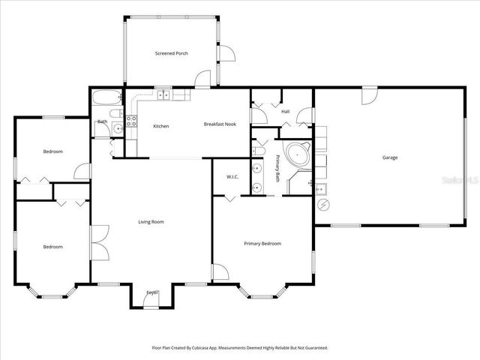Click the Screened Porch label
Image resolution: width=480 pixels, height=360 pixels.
[x=171, y=53]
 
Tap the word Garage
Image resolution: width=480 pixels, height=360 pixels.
[x=390, y=157]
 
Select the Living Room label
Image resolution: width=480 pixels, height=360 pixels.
[x=151, y=221]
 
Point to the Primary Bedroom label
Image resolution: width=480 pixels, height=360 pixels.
[x=262, y=244]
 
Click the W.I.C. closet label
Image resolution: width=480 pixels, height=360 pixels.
[x=232, y=177]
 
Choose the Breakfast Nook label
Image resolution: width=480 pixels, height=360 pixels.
[x=220, y=124]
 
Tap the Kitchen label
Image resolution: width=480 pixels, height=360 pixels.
[x=160, y=126]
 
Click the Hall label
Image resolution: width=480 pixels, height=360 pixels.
[x=285, y=112]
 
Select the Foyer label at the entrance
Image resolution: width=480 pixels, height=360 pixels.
[x=152, y=292]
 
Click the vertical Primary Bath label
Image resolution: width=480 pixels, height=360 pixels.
[x=277, y=169]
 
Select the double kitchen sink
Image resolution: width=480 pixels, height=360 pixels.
[x=163, y=95]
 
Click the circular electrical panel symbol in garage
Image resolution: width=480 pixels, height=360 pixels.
[x=323, y=204]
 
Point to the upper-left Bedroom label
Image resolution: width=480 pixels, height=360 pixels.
[x=52, y=151]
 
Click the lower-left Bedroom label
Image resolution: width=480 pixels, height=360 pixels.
[x=52, y=247]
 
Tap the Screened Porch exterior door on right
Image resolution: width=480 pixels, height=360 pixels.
[x=227, y=54]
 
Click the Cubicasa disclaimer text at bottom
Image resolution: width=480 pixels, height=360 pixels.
[x=240, y=348]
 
